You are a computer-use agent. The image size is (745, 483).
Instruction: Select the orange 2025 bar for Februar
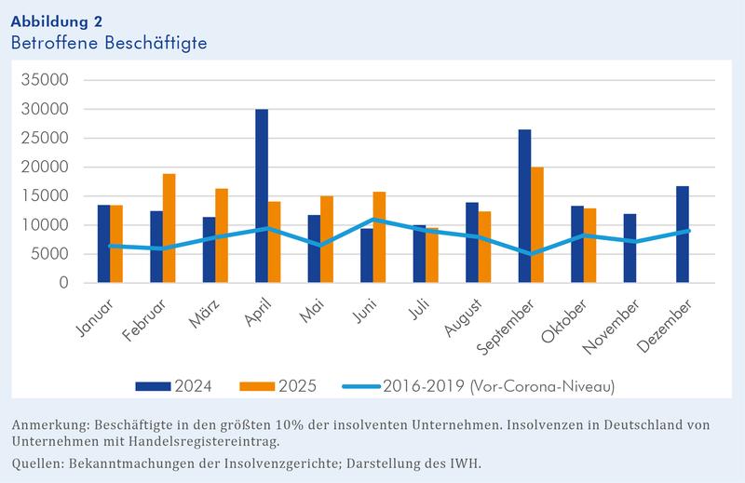pos(169,228)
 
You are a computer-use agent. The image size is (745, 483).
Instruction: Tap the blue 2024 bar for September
pos(525,206)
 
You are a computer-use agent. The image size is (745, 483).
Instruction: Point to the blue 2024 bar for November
pos(630,248)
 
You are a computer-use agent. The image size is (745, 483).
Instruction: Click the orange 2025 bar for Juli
pos(432,255)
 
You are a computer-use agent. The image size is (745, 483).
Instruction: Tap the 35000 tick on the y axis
pos(46,80)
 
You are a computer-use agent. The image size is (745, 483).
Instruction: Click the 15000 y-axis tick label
pos(46,196)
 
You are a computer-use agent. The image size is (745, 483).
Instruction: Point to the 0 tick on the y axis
pos(63,283)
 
